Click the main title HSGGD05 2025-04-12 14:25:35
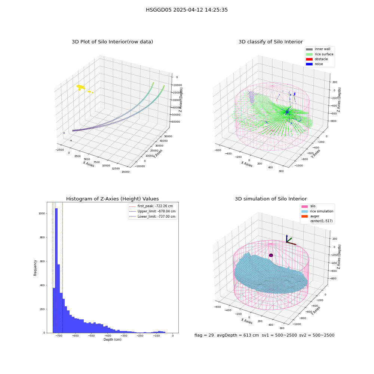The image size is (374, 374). (x=187, y=10)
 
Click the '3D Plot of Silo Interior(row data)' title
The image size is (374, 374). (x=112, y=42)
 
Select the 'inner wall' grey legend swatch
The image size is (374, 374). (x=309, y=49)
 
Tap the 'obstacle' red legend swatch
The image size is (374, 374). (x=309, y=59)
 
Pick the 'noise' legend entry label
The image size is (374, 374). (x=319, y=64)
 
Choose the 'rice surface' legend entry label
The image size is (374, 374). (x=324, y=54)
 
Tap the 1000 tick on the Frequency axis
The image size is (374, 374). (x=42, y=214)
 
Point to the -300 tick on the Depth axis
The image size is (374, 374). (x=124, y=336)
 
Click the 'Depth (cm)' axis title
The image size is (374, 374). (x=112, y=340)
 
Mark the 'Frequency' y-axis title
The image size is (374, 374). (x=35, y=268)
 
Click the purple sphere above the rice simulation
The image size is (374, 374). (x=271, y=255)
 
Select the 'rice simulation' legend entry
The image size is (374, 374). (x=322, y=211)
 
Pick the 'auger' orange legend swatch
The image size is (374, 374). (x=304, y=216)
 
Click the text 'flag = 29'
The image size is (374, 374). (x=204, y=335)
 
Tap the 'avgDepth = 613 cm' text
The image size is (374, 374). (x=238, y=335)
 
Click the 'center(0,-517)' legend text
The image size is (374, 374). (x=321, y=221)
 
